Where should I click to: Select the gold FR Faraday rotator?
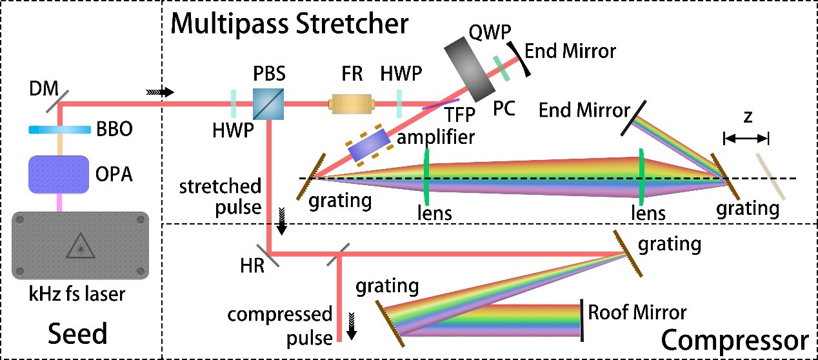[352, 103]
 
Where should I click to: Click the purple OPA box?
[60, 174]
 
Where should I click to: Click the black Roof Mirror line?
[582, 321]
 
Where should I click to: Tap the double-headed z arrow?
[746, 137]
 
